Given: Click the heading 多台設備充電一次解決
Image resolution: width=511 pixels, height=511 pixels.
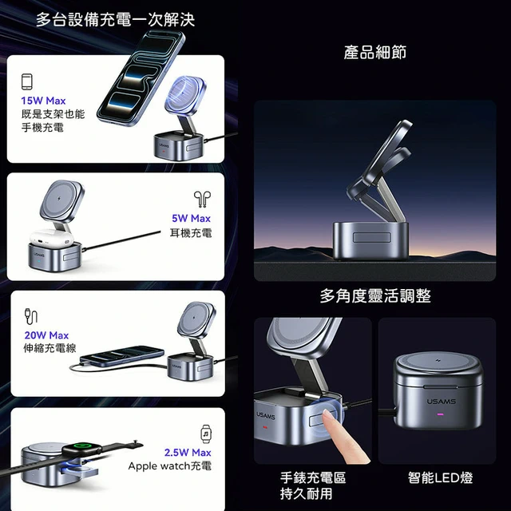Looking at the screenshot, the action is click(x=115, y=19).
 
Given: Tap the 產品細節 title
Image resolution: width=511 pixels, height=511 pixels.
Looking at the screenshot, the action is click(x=374, y=52).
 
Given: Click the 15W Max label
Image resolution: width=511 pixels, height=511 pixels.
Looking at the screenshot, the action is click(x=43, y=101).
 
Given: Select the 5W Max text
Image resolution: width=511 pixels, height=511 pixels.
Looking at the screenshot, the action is click(x=192, y=218).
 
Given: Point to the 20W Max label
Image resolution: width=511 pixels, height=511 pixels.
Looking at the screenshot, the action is click(x=46, y=335).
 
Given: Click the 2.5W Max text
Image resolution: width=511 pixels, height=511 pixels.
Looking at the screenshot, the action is click(x=188, y=453).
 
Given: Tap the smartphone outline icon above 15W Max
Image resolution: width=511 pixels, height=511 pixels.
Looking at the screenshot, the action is click(x=27, y=81).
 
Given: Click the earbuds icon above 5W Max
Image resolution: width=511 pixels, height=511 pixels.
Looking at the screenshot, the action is click(x=202, y=199).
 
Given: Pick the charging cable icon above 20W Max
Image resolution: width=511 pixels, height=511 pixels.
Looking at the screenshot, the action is click(x=31, y=316).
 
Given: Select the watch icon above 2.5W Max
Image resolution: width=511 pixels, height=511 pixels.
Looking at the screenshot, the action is click(x=206, y=434).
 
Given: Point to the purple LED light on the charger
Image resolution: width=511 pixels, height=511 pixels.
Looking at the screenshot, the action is click(x=440, y=415).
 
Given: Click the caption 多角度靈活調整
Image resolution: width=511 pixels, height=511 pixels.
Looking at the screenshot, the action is click(x=375, y=296).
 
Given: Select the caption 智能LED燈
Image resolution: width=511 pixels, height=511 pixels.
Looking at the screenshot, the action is click(x=440, y=477).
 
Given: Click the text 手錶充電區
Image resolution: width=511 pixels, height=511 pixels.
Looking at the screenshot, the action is click(x=313, y=477).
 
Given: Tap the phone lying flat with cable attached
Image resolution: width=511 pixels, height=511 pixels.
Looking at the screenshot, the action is click(x=122, y=356).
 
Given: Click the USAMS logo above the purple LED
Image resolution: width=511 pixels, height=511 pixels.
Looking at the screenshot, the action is click(x=442, y=402).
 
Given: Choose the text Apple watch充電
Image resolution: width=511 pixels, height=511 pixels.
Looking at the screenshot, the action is click(x=170, y=466).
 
